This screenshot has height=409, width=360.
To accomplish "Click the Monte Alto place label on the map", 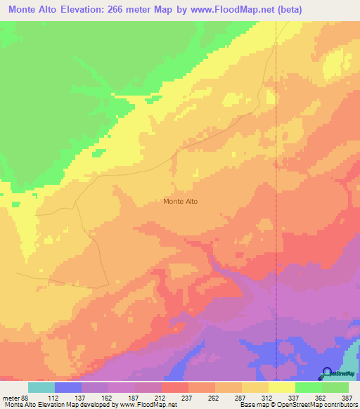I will click(180, 202).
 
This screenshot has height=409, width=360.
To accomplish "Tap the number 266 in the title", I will click(131, 11).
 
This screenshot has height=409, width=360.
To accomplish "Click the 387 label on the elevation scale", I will click(347, 398).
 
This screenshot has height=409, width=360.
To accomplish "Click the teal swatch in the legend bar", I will click(41, 387).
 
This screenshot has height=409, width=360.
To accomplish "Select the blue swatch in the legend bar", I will click(68, 387).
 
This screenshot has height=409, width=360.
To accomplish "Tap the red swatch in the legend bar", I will click(175, 387).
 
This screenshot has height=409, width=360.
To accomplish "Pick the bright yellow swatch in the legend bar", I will click(282, 387).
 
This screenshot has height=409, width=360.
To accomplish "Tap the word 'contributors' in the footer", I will click(340, 405).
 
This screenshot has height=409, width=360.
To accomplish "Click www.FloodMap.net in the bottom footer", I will click(148, 405).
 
